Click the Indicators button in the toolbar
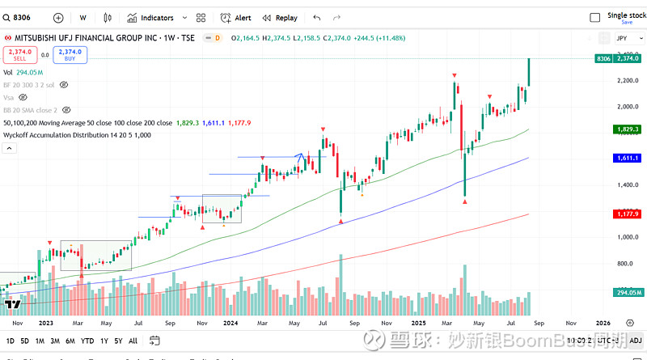[x=151, y=17]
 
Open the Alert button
[x=237, y=17]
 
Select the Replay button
[x=280, y=17]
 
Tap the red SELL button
[x=19, y=55]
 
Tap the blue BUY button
[x=70, y=55]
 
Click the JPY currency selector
[x=622, y=38]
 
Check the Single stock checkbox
[x=595, y=17]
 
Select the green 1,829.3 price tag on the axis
[x=627, y=129]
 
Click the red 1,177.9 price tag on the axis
[x=627, y=214]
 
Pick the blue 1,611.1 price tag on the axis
[x=627, y=158]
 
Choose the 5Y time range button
[x=119, y=341]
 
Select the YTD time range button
[x=87, y=341]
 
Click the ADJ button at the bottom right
[x=635, y=341]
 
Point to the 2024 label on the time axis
[x=230, y=322]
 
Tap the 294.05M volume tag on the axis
[x=627, y=292]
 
